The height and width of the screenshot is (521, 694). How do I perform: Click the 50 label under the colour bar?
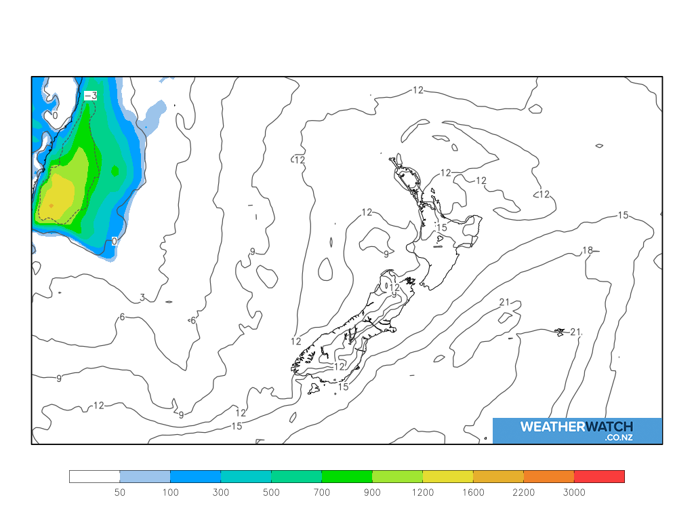coord(119,493)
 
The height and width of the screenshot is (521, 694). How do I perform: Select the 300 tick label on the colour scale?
coord(220,493)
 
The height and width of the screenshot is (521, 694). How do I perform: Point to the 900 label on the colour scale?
coord(372,493)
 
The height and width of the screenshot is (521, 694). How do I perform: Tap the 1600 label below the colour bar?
coord(473,493)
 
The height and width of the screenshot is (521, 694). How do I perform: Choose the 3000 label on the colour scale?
coord(574,493)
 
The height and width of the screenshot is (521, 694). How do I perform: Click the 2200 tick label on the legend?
coord(523,493)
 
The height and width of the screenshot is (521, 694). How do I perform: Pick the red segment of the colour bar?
coord(599,476)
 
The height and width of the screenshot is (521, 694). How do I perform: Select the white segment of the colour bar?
coord(94,476)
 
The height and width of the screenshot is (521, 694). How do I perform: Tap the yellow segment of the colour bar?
coord(447,476)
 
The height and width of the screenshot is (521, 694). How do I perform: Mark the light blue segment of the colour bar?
coord(145,476)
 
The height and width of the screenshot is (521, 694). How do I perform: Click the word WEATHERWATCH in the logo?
coord(577,427)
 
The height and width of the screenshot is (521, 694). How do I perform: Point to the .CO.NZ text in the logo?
coord(619,438)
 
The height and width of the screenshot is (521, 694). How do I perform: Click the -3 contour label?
coord(90,96)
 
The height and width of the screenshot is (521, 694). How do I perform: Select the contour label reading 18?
coord(588,250)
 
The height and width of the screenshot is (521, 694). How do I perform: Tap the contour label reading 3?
coord(142,297)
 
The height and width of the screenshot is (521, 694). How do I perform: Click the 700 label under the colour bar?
coord(321,493)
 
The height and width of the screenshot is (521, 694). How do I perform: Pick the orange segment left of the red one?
coord(549,476)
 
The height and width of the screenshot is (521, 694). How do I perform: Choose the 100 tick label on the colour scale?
coord(170,493)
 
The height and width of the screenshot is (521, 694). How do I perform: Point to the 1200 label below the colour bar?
coord(422,493)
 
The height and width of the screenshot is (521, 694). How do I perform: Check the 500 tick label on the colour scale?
coord(271,493)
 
